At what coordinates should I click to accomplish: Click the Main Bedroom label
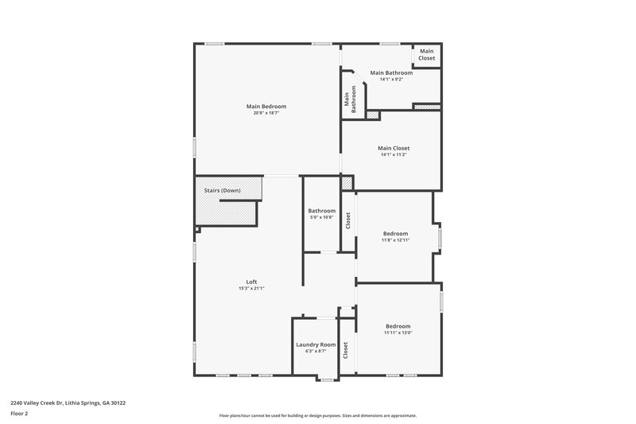click(x=266, y=106)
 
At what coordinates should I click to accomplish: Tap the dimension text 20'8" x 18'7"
click(x=266, y=113)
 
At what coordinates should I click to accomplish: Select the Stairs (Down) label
click(x=223, y=191)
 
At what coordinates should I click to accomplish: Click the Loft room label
click(x=251, y=282)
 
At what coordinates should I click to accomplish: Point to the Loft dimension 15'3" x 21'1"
click(x=251, y=289)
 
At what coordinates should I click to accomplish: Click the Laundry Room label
click(x=316, y=344)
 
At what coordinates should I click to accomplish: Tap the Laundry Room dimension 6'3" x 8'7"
click(x=316, y=351)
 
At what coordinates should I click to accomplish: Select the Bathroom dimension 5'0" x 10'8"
click(x=321, y=217)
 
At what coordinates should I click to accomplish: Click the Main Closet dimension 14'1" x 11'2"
click(x=393, y=154)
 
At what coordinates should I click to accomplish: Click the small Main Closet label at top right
click(x=427, y=55)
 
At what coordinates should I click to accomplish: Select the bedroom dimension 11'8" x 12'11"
click(x=395, y=239)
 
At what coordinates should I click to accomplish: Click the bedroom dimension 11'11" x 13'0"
click(x=398, y=333)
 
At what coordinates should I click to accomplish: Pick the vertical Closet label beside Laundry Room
click(x=346, y=350)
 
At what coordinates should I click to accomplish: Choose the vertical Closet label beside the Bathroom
click(x=347, y=220)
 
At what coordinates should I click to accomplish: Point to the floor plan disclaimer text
click(x=317, y=415)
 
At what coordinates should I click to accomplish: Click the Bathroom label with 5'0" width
click(x=321, y=210)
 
